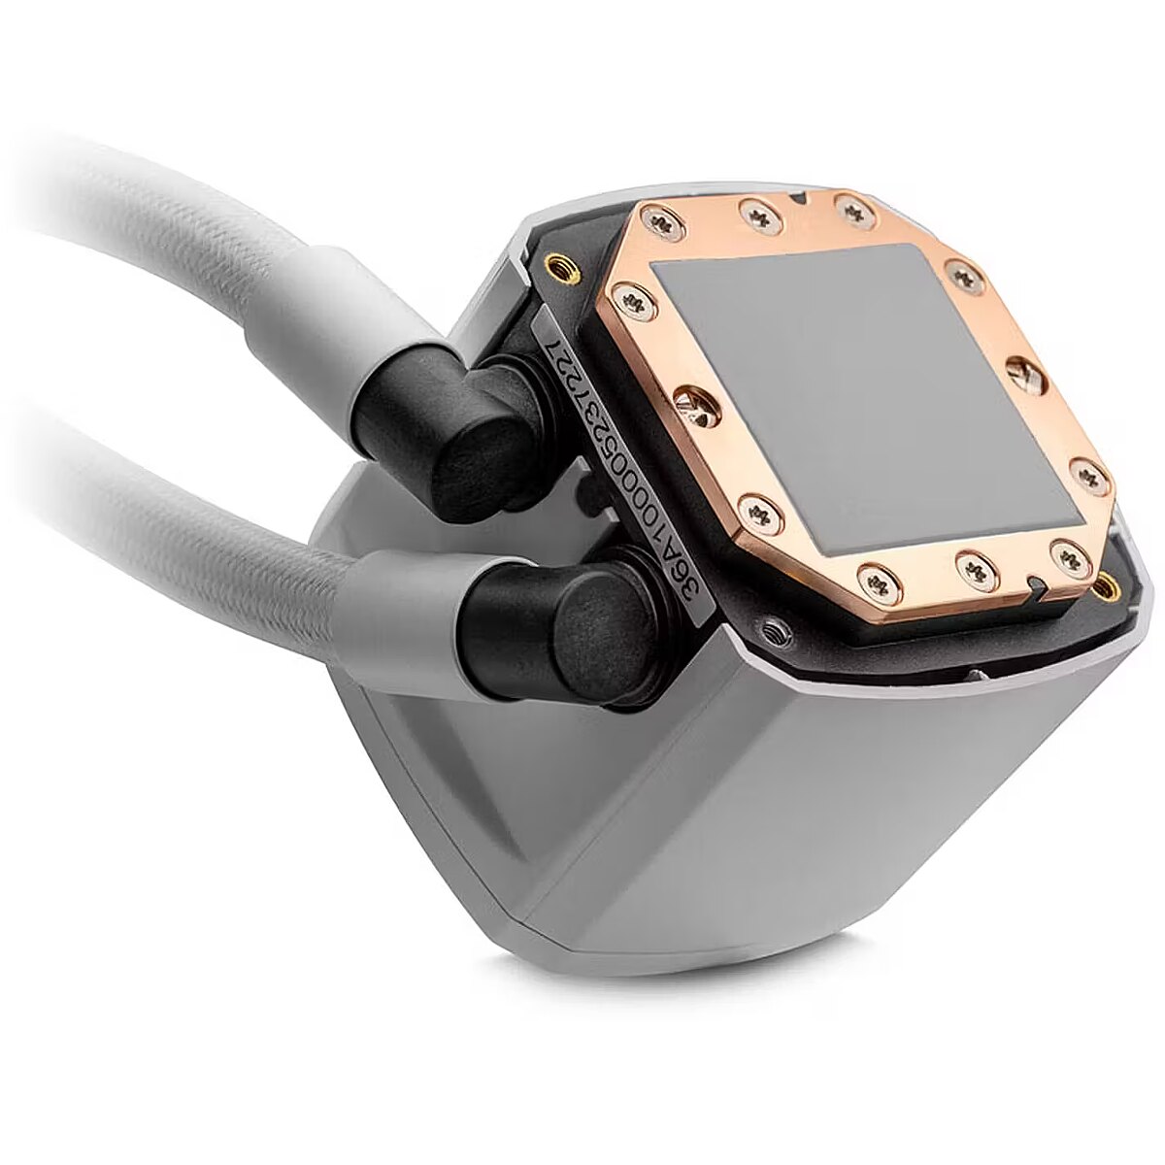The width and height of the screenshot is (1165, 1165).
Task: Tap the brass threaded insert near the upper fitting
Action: (x=562, y=266)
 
